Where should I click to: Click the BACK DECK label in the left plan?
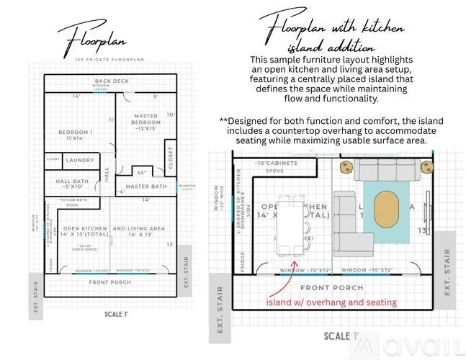(112, 81)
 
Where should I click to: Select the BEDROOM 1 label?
(76, 135)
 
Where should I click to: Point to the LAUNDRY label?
(79, 160)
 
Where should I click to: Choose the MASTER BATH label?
(146, 186)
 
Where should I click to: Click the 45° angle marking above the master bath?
(142, 173)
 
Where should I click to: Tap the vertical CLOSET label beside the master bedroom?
(171, 158)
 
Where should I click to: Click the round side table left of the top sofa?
(346, 168)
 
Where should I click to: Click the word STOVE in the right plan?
(275, 171)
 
